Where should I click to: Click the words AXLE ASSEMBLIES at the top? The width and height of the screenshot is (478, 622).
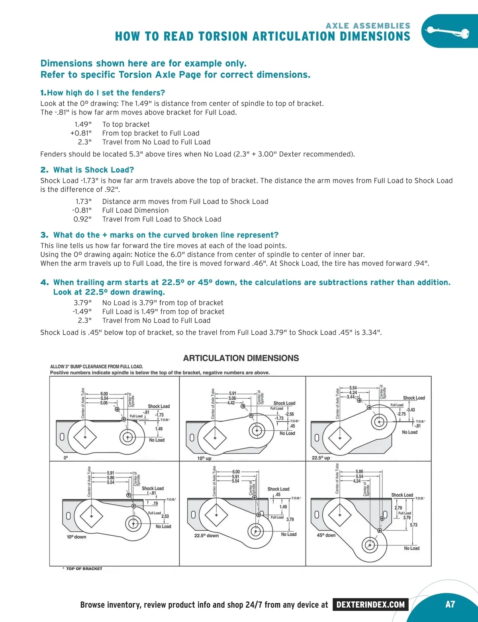click(368, 26)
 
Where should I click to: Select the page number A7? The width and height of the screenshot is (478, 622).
click(450, 605)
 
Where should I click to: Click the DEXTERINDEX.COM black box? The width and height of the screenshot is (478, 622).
click(370, 605)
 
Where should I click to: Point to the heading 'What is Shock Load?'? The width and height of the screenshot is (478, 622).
click(94, 170)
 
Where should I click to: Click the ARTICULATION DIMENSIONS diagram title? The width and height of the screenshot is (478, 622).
click(241, 358)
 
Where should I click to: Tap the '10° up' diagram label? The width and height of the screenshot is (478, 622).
click(204, 458)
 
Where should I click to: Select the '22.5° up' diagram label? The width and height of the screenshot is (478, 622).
click(321, 458)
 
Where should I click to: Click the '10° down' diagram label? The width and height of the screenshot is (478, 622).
click(76, 537)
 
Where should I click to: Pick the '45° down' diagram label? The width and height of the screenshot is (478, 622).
click(326, 535)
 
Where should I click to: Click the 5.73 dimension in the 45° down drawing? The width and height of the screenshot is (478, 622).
click(413, 525)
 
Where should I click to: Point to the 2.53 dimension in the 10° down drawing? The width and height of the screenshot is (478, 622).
click(165, 516)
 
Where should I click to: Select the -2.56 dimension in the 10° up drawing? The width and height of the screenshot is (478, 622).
click(290, 414)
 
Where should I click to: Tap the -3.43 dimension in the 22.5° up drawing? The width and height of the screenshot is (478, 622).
click(411, 410)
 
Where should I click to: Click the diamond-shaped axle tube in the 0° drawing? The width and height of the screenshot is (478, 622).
click(85, 437)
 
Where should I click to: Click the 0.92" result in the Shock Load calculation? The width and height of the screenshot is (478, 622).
click(82, 219)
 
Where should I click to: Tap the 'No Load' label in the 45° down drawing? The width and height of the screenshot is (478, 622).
click(411, 548)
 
